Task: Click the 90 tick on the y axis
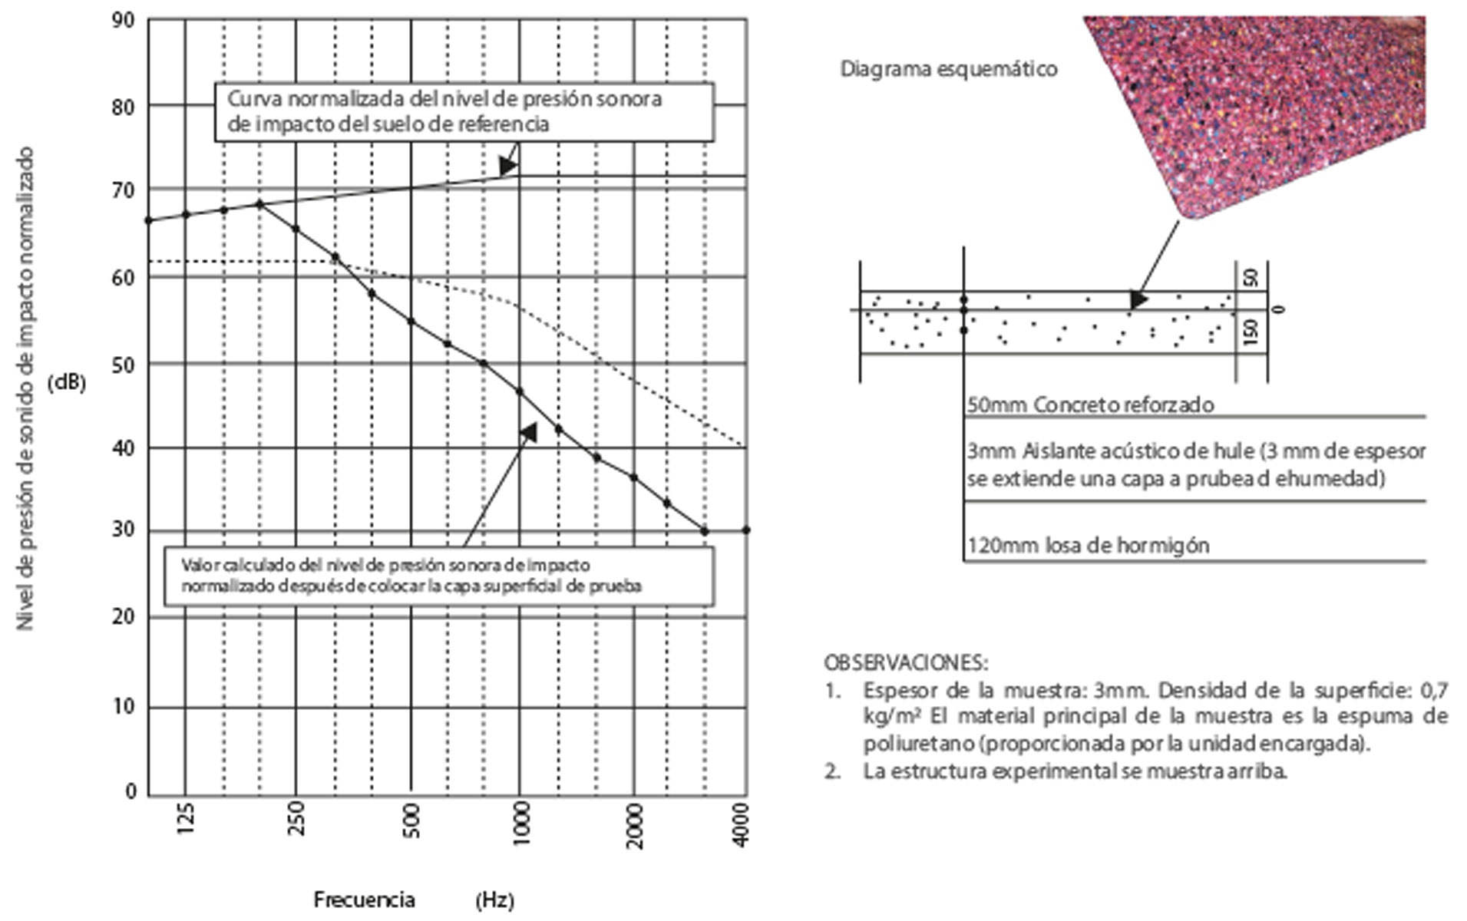point(123,20)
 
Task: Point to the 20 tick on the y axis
point(123,616)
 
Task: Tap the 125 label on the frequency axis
point(185,819)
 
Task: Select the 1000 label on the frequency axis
point(520,824)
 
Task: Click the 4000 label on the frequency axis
point(741,824)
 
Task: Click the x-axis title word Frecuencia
point(364,900)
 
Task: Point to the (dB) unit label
point(67,383)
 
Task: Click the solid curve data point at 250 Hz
point(296,229)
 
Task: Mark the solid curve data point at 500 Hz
point(411,321)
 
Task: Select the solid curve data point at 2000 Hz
point(633,477)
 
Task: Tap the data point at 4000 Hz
point(745,530)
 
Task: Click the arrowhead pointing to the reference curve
point(507,167)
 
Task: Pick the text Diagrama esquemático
point(948,69)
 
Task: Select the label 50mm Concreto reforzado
point(1090,404)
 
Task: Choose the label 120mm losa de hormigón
point(1088,546)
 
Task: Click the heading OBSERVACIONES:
point(906,662)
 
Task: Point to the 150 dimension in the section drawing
point(1251,332)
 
